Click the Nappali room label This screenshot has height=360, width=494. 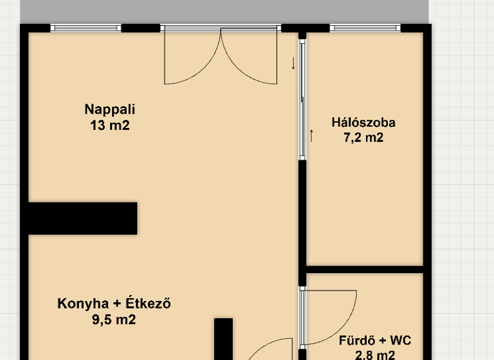[x=110, y=109]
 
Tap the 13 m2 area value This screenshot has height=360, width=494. [x=110, y=125]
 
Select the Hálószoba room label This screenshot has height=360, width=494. [x=363, y=122]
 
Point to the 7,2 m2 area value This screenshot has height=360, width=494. [x=363, y=137]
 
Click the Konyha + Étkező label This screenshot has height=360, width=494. [x=114, y=303]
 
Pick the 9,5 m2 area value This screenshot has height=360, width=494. [x=114, y=319]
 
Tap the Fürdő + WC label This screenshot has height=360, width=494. [x=375, y=340]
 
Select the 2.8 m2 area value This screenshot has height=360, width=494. [x=375, y=354]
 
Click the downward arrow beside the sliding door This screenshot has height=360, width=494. [x=293, y=64]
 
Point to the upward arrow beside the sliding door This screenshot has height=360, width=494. [x=312, y=136]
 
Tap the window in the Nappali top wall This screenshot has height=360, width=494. [x=86, y=28]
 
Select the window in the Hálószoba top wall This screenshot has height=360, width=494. [x=365, y=28]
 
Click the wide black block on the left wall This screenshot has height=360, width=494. [x=82, y=218]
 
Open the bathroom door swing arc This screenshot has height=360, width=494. [x=331, y=315]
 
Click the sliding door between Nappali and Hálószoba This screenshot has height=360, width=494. [x=302, y=100]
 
